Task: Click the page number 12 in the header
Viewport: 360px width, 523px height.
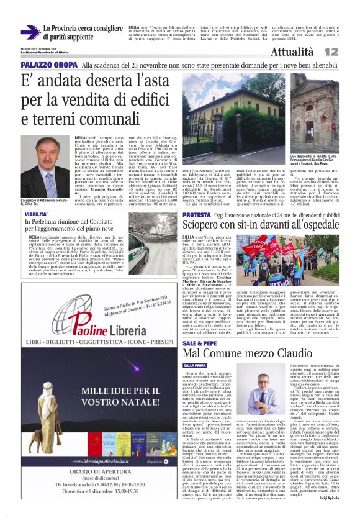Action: (x=348, y=52)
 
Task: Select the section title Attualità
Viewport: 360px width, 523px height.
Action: (x=308, y=52)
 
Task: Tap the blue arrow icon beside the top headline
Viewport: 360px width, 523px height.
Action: (x=29, y=32)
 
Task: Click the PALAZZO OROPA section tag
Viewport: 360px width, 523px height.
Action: (x=48, y=65)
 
